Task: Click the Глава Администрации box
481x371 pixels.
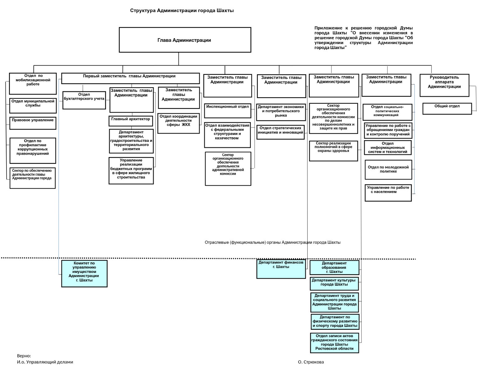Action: pos(185,40)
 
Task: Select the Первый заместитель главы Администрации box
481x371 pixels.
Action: pos(130,78)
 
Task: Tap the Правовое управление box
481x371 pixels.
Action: pos(33,123)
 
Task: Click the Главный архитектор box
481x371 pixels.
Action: pos(131,121)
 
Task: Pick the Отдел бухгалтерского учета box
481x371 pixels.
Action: pos(84,100)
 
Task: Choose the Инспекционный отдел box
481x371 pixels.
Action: pos(228,111)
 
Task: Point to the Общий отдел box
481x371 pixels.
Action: pos(447,109)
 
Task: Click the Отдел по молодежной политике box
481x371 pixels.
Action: pos(388,170)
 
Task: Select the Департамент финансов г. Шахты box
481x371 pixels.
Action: pos(281,269)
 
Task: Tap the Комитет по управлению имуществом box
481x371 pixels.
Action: pos(84,274)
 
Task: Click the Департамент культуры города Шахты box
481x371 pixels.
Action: pos(334,283)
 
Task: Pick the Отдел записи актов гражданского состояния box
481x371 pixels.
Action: pos(334,343)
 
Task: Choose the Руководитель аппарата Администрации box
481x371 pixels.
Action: pos(444,85)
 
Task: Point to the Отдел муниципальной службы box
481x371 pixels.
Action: pos(33,106)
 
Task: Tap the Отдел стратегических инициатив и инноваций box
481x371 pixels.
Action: pos(280,132)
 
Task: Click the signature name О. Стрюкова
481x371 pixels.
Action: pos(311,362)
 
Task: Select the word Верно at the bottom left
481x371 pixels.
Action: pos(24,356)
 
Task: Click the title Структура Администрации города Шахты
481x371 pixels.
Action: pos(182,11)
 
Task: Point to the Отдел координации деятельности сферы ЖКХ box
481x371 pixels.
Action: pos(178,123)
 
